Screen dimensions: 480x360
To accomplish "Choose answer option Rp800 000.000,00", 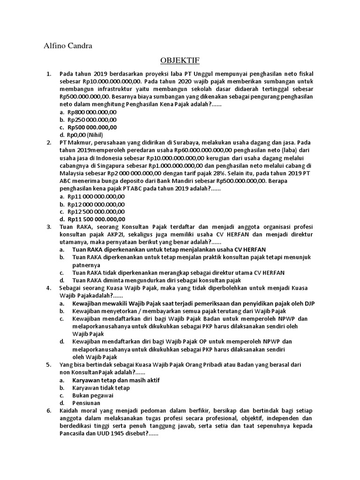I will pos(92,112).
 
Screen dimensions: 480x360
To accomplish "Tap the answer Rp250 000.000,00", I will pos(92,120).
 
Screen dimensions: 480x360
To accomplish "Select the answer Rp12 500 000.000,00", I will pos(96,211).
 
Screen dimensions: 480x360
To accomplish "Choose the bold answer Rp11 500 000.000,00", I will pos(96,219).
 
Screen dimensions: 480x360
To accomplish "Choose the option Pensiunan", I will pos(86,403).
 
